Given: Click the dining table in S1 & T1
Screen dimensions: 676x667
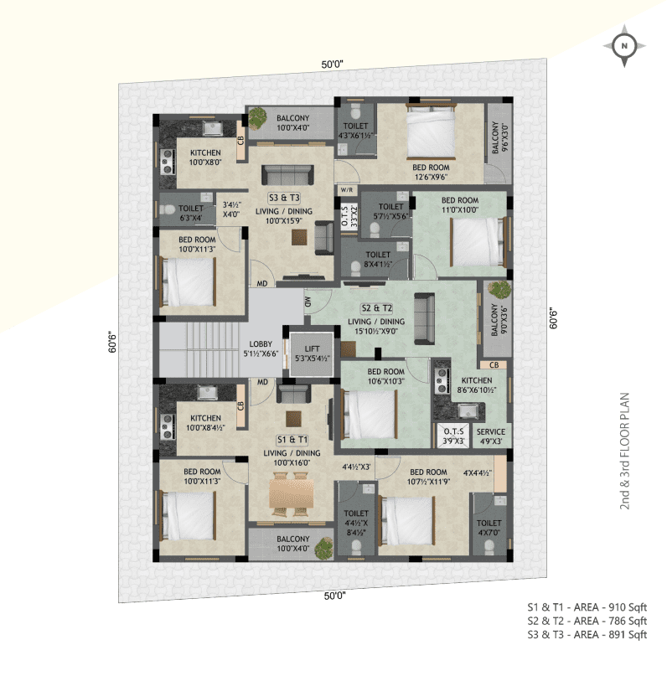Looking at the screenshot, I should coord(291,492).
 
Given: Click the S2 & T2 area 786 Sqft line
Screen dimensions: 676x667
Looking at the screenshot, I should coord(587,621).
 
